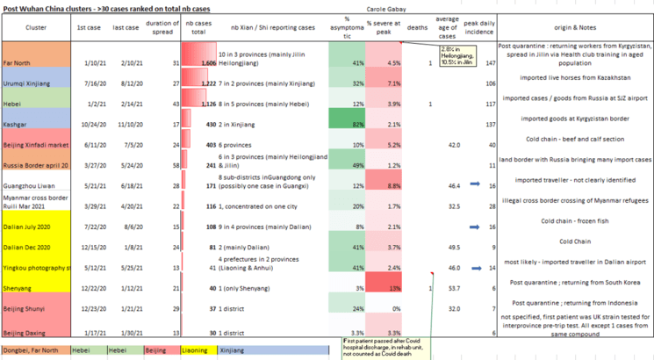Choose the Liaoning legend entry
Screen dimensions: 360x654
192,349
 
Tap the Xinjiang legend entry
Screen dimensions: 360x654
233,349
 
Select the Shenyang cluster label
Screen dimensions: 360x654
18,287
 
